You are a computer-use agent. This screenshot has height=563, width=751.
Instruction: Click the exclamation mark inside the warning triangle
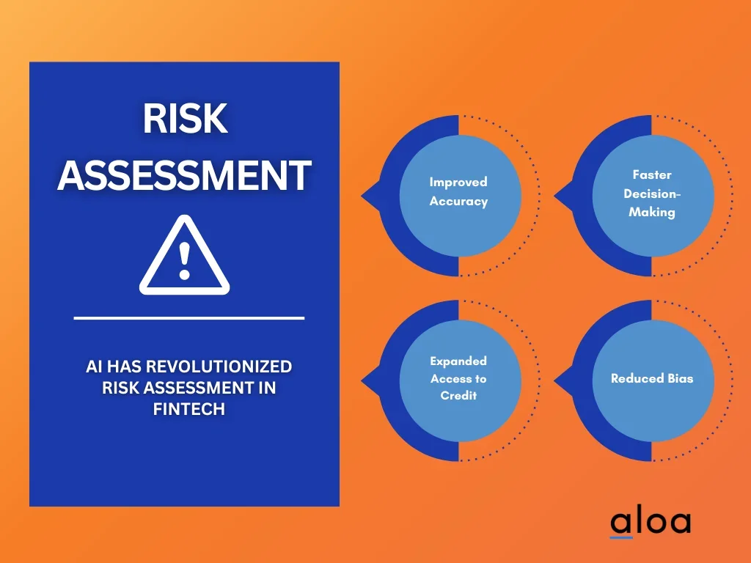click(x=184, y=260)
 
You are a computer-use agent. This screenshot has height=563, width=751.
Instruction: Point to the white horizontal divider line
click(x=188, y=317)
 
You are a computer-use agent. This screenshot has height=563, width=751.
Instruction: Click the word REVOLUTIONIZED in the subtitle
click(x=219, y=367)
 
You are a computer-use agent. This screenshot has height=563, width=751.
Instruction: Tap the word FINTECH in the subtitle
click(x=188, y=409)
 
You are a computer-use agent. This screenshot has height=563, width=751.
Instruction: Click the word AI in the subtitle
click(x=93, y=367)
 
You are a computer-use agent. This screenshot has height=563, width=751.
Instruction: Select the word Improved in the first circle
click(x=458, y=183)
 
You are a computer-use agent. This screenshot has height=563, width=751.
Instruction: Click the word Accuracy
click(x=458, y=201)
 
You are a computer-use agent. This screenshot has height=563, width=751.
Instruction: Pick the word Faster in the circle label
click(x=652, y=174)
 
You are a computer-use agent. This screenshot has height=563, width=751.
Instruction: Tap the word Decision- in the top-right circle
click(x=652, y=194)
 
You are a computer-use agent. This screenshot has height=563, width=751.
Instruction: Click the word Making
click(x=652, y=212)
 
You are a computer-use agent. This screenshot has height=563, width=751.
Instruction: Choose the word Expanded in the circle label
click(x=458, y=361)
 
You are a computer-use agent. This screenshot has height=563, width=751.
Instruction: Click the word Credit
click(x=458, y=395)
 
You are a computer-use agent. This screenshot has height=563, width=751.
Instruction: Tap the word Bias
click(x=681, y=378)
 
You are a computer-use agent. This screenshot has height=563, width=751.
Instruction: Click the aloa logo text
click(x=651, y=521)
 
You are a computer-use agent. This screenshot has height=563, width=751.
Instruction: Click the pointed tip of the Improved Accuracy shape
click(x=362, y=195)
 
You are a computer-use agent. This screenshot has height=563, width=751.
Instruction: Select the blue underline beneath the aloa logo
click(x=621, y=537)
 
